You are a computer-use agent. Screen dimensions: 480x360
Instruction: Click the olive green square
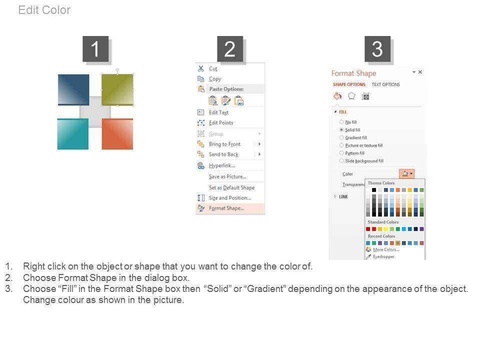117,89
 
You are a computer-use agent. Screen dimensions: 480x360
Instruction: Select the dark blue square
73,89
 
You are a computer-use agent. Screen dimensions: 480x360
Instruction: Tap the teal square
73,134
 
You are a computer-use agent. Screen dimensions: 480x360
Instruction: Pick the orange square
117,134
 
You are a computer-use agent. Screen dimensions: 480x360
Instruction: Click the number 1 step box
95,49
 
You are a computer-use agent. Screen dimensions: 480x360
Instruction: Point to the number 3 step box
377,49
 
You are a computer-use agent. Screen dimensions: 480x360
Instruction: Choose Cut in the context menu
213,68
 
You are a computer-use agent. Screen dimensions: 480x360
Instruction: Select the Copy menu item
215,79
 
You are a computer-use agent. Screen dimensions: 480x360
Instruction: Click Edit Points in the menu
220,123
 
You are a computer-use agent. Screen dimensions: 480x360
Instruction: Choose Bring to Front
224,144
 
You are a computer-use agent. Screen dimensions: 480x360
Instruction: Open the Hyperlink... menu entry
221,165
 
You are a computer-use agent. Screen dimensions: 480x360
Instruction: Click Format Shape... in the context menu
226,208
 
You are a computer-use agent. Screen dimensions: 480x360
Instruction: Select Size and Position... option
229,198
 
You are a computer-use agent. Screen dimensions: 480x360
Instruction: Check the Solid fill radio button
341,130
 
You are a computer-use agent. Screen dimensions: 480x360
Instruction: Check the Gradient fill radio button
341,137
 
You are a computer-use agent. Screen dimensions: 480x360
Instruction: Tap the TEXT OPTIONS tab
385,84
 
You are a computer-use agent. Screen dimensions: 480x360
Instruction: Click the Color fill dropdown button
407,174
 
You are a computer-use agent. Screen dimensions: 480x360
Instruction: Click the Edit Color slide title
44,10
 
